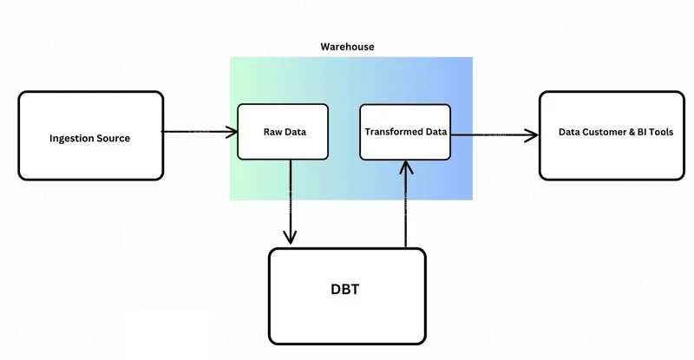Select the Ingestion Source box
90,135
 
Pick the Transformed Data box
405,132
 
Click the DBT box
347,297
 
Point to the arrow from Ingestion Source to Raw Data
200,133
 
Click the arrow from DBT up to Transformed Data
405,204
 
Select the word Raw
272,133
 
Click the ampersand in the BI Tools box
632,133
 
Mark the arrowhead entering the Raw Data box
232,133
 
